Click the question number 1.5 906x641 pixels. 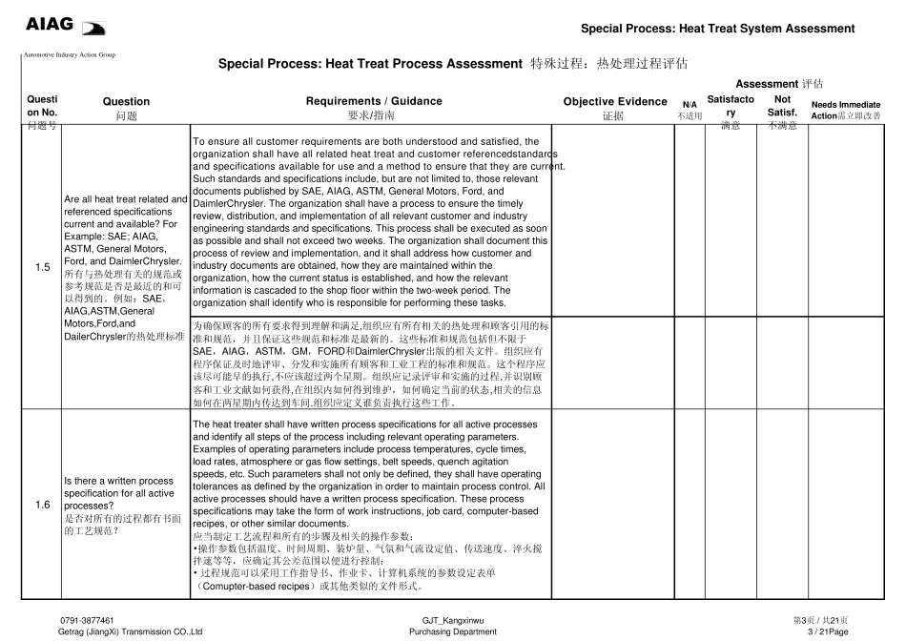tap(43, 267)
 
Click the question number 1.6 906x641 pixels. tap(43, 505)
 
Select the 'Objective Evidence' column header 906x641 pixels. tap(615, 101)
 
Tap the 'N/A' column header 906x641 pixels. tap(690, 105)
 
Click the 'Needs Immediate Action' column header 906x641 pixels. tap(845, 110)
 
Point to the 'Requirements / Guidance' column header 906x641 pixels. tap(374, 101)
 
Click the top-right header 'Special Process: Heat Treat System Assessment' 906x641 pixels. tap(717, 29)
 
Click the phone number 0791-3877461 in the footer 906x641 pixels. tap(87, 620)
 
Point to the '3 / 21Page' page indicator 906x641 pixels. tap(827, 631)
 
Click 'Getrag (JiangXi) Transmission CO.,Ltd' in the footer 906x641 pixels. tap(131, 631)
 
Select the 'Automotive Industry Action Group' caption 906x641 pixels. tap(69, 54)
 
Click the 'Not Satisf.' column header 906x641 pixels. tap(782, 105)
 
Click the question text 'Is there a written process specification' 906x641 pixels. tap(118, 481)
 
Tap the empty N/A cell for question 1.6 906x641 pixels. tap(690, 505)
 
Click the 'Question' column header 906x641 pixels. tap(126, 101)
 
